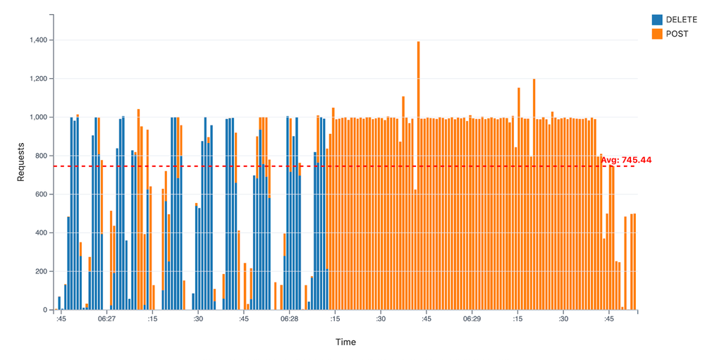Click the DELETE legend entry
point(681,20)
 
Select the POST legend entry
point(677,34)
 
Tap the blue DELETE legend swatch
point(657,20)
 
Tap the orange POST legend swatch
point(657,34)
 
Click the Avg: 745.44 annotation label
point(626,160)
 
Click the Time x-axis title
point(345,342)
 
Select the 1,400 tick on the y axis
point(37,40)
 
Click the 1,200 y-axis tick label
point(37,79)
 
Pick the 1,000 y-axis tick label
point(37,117)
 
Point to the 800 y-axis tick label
point(40,156)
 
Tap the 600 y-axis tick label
point(40,194)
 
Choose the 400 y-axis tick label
point(40,233)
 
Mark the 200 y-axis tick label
point(40,271)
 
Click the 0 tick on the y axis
point(45,310)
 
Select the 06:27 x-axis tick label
point(107,319)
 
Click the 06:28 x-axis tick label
point(289,319)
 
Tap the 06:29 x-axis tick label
point(472,319)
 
